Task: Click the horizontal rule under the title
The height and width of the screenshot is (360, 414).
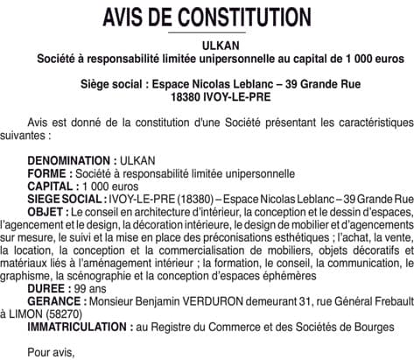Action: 207,33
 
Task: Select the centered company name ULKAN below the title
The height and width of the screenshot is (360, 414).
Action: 207,45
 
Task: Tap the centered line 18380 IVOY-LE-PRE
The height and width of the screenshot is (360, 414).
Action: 207,96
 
